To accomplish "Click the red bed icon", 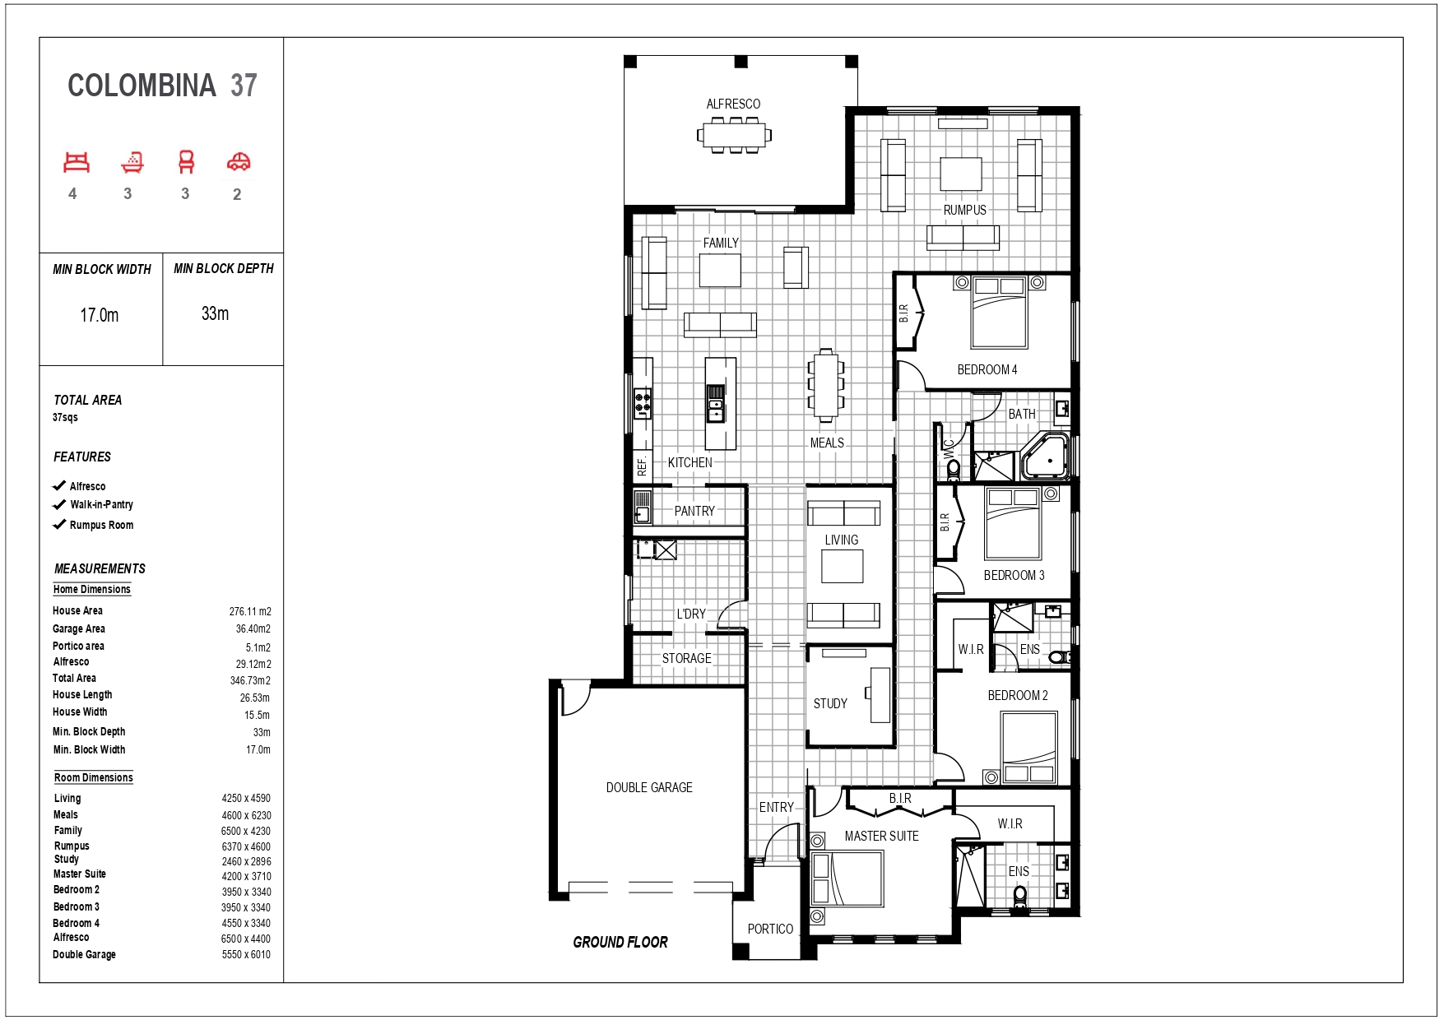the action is [x=77, y=162].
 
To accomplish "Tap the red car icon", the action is [x=239, y=162].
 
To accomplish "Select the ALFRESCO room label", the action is [x=733, y=104].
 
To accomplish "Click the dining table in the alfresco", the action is [x=735, y=134].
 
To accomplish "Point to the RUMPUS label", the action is [x=964, y=210].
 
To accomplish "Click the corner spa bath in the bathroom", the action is [x=1045, y=455].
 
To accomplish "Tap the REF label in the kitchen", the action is [x=642, y=467].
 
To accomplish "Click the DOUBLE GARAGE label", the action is [x=649, y=787].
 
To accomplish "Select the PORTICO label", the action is [x=770, y=929].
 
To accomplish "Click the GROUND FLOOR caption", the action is [x=620, y=943].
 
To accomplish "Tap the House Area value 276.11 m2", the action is [x=250, y=611].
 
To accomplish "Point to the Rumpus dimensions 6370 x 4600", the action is [x=246, y=846].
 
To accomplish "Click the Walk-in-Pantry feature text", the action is [x=101, y=505].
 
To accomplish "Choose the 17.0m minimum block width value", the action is [x=100, y=315].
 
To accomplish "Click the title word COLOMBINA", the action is [x=142, y=86].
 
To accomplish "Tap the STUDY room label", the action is [x=830, y=703].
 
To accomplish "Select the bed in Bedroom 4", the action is [x=999, y=313].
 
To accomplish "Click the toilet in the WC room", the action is [x=953, y=470].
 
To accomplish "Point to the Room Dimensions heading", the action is [x=94, y=777].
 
